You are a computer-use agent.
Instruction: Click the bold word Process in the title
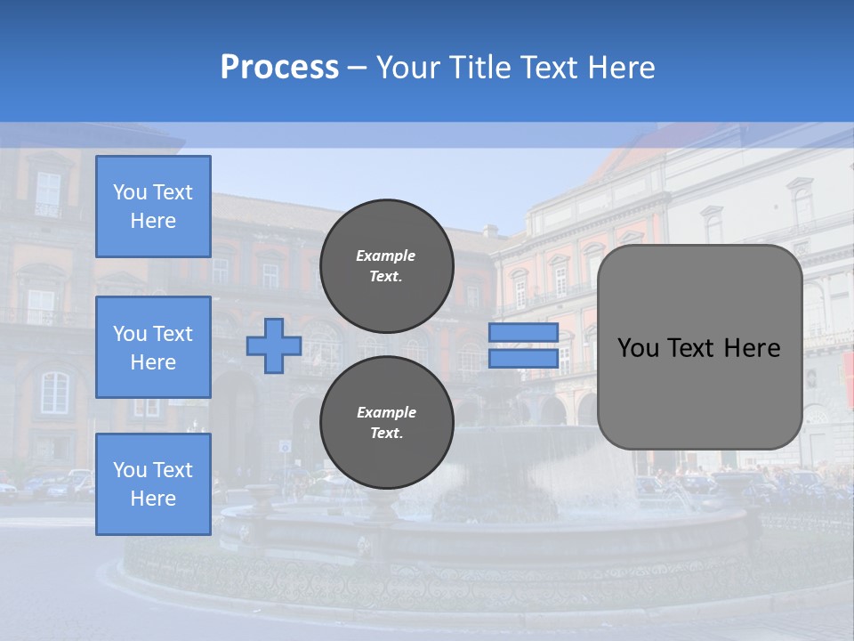[x=279, y=68]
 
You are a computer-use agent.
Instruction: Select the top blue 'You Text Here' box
[x=153, y=207]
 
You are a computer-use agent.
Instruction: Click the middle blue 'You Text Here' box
[x=153, y=347]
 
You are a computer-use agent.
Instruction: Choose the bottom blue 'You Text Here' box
[x=153, y=484]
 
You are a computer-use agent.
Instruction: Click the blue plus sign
[x=273, y=346]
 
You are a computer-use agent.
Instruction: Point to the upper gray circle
[x=386, y=265]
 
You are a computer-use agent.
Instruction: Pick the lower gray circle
[x=386, y=422]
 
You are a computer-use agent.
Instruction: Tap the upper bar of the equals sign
[x=523, y=333]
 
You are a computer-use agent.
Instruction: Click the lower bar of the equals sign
[x=523, y=359]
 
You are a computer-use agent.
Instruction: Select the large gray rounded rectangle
[x=699, y=347]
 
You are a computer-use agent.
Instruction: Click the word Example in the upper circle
[x=385, y=256]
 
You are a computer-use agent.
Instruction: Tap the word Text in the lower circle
[x=385, y=434]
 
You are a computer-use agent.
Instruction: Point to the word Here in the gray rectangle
[x=752, y=348]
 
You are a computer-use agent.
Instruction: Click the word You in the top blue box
[x=129, y=192]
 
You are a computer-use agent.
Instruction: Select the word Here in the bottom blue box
[x=153, y=499]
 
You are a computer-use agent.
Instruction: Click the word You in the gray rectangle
[x=638, y=348]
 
